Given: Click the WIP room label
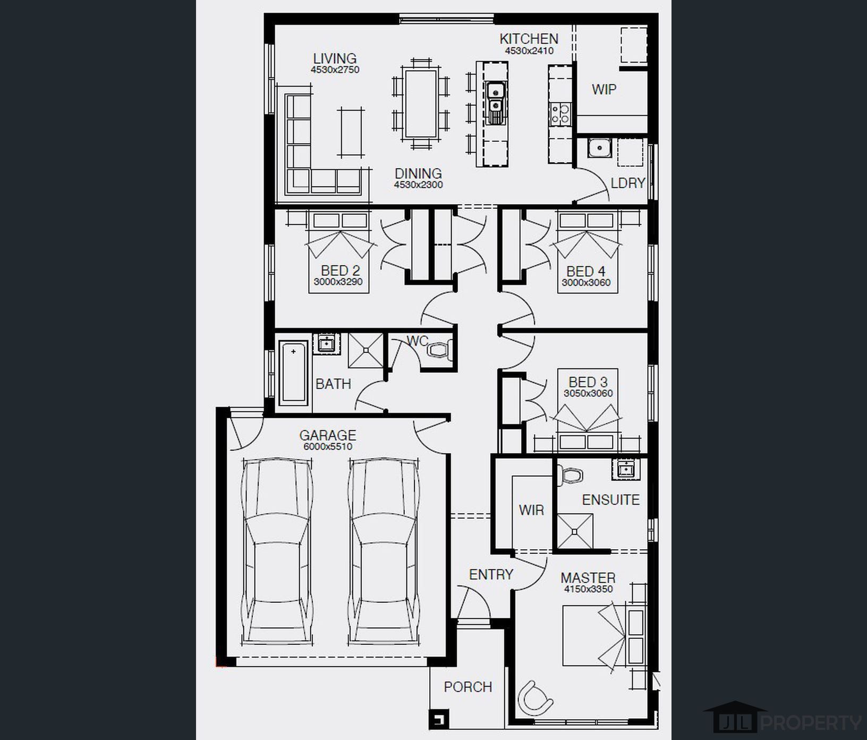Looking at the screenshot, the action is [604, 89].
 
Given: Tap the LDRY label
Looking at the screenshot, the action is [627, 183].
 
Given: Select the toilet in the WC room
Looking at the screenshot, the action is [439, 350].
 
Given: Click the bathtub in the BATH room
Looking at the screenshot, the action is [293, 373].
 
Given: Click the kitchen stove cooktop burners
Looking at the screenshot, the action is [560, 113].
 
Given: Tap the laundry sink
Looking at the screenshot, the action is [600, 147].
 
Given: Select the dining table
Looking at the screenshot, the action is [421, 104].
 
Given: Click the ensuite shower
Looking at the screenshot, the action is [574, 531].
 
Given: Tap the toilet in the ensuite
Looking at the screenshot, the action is [570, 474].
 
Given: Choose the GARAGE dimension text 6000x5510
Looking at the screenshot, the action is [328, 447].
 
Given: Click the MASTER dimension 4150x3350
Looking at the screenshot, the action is [588, 589].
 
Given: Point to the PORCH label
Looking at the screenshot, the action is [468, 687].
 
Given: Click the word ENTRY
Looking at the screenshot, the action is [491, 574].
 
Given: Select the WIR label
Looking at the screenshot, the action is [531, 510].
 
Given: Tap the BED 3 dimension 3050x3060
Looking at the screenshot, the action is [588, 393].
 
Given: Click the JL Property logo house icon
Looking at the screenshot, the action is [735, 717].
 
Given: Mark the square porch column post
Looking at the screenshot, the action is [439, 719].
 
